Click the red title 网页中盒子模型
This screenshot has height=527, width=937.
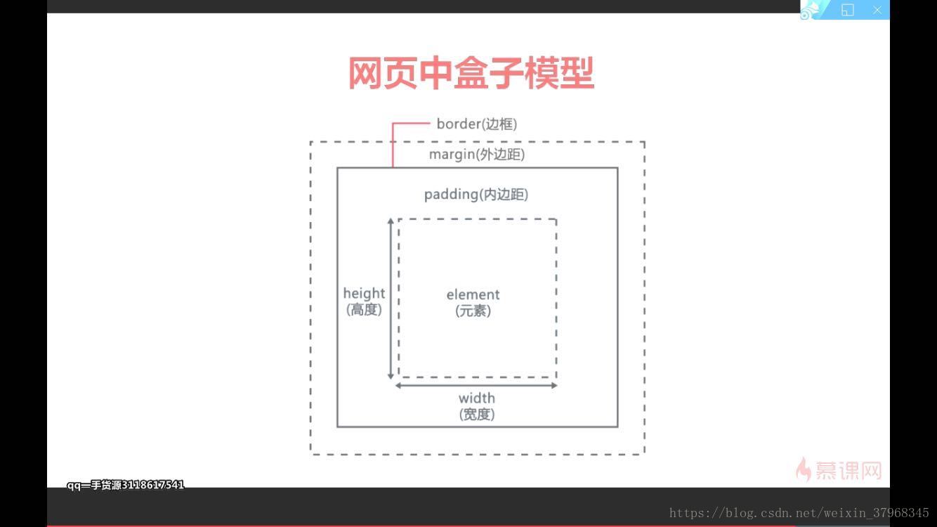click(x=471, y=73)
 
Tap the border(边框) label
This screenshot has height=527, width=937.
click(x=476, y=124)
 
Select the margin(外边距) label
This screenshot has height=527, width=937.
click(x=477, y=155)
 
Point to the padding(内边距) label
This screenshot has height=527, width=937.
click(x=476, y=195)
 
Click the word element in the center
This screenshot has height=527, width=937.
click(x=473, y=294)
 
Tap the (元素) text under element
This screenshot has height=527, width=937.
click(x=473, y=311)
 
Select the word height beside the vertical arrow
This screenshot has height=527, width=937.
click(x=364, y=293)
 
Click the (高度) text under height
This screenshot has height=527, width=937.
click(x=364, y=310)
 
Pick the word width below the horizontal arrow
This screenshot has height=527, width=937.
click(x=477, y=398)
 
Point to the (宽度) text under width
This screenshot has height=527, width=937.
click(x=477, y=415)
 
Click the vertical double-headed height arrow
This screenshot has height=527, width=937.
click(x=391, y=299)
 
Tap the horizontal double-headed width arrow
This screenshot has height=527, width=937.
click(x=476, y=385)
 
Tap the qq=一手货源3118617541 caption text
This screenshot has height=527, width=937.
click(x=125, y=485)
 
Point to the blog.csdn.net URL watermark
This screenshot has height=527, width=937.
click(x=799, y=514)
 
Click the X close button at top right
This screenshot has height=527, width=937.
click(x=877, y=10)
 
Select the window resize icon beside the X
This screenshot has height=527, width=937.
click(x=848, y=10)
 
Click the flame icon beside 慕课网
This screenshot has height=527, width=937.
click(x=803, y=469)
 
